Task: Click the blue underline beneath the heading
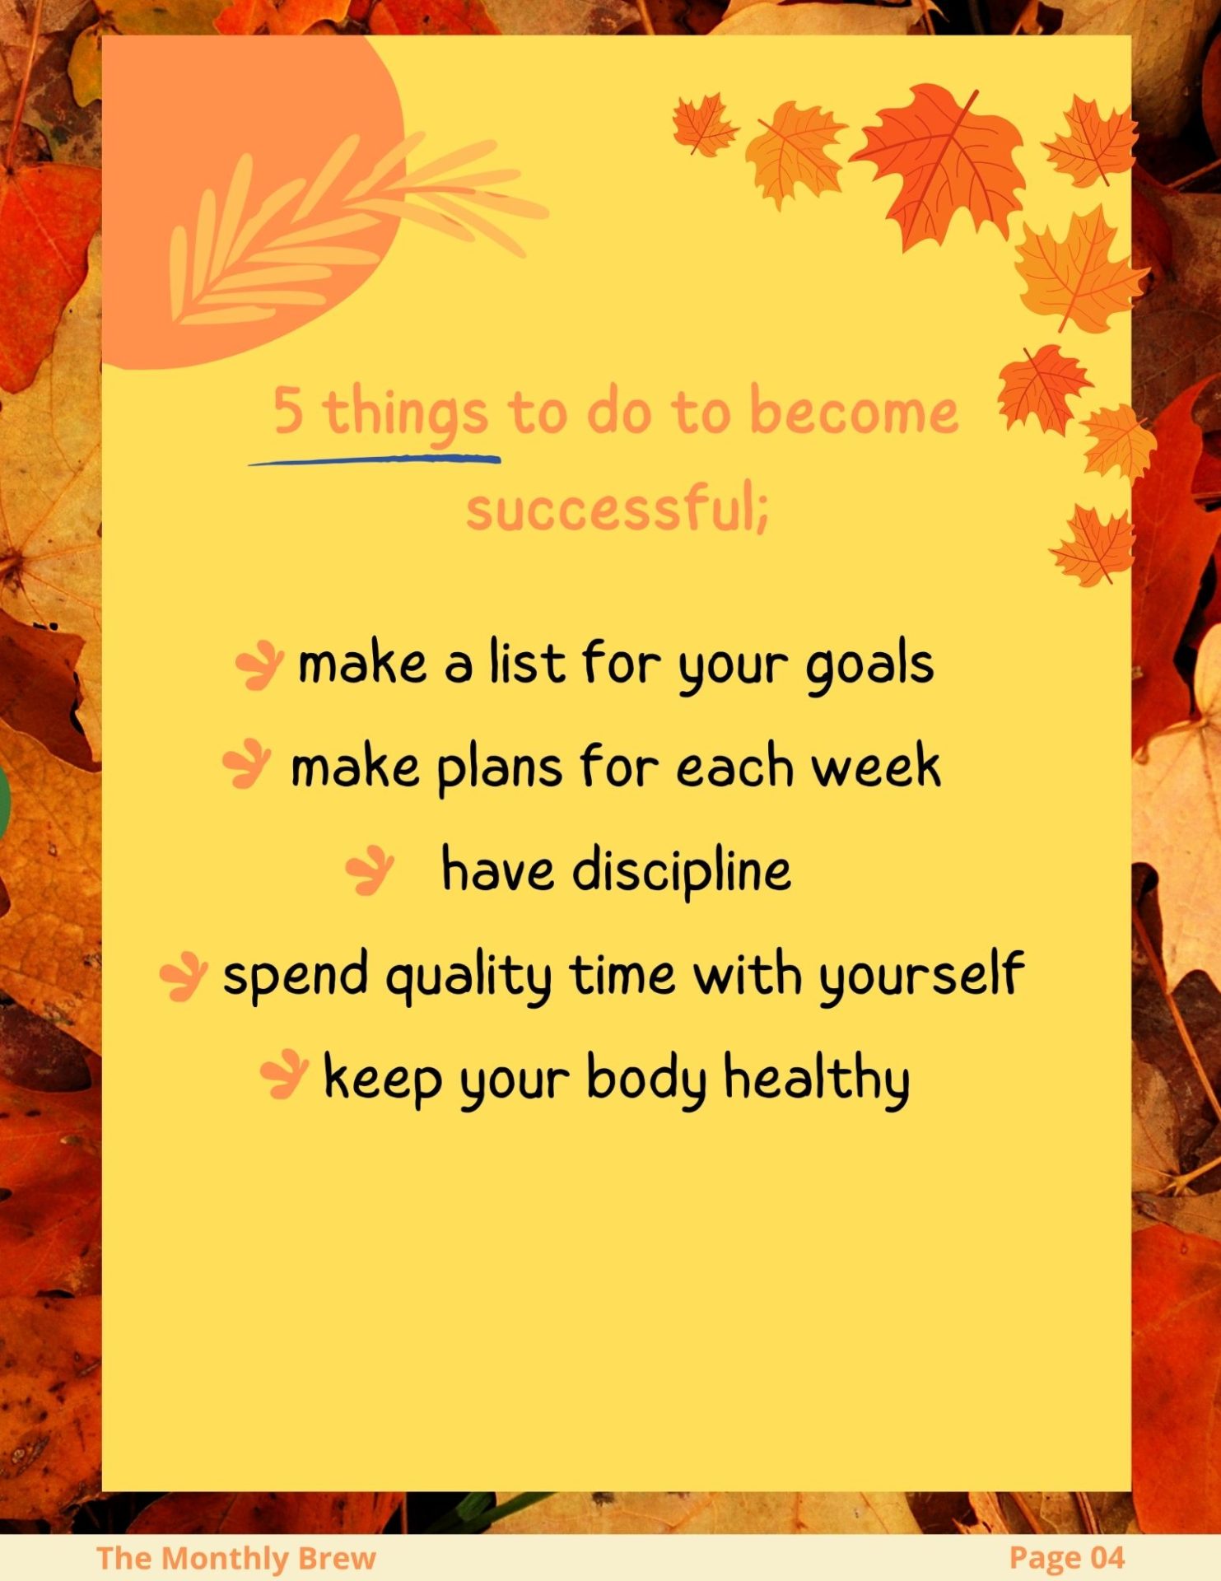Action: (375, 459)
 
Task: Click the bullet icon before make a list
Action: (259, 665)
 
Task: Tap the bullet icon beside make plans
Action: (247, 764)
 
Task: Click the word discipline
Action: (682, 871)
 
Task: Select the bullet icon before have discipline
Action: (370, 870)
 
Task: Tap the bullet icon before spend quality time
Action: (183, 977)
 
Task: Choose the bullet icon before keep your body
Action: (284, 1074)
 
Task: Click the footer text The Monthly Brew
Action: (235, 1558)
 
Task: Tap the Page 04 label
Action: (1066, 1557)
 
